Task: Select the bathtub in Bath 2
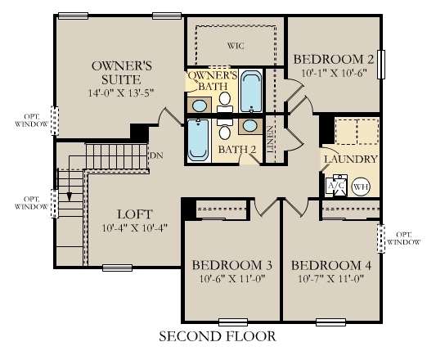click(x=199, y=140)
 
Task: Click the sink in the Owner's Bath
click(x=199, y=105)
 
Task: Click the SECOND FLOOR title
click(x=217, y=336)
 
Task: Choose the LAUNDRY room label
click(x=350, y=159)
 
